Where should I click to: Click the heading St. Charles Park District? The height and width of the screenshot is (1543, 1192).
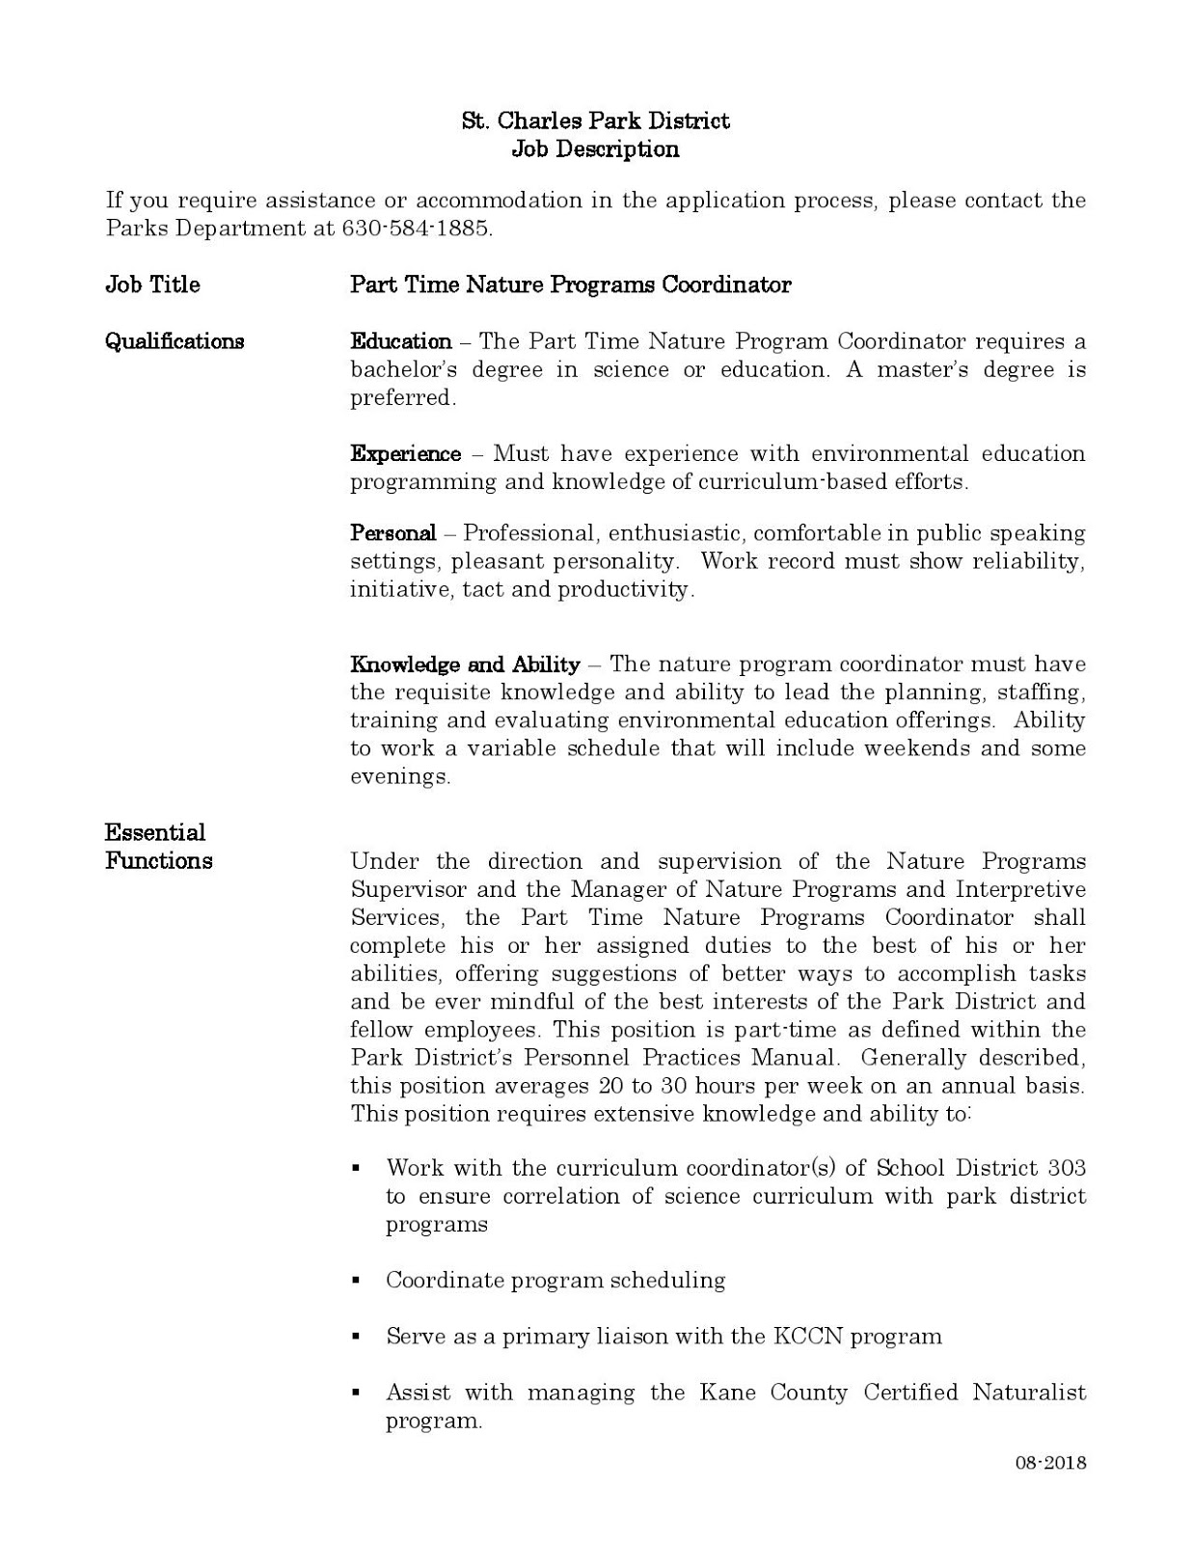pyautogui.click(x=595, y=121)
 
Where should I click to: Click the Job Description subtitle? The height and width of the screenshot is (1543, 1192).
pyautogui.click(x=595, y=149)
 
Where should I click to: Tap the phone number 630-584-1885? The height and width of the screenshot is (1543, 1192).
pyautogui.click(x=417, y=229)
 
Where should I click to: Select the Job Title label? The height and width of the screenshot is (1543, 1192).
pyautogui.click(x=152, y=284)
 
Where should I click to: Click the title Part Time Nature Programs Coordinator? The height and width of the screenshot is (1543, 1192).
pyautogui.click(x=570, y=284)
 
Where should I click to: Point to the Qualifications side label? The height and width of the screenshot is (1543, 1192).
pyautogui.click(x=175, y=341)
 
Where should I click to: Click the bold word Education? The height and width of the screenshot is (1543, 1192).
pyautogui.click(x=400, y=341)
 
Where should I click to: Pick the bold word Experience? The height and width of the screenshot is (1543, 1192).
pyautogui.click(x=405, y=453)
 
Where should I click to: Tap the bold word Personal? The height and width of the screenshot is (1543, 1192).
pyautogui.click(x=393, y=532)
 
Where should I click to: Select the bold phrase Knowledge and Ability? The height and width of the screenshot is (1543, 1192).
pyautogui.click(x=465, y=664)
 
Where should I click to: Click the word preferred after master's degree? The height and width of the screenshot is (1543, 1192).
pyautogui.click(x=400, y=397)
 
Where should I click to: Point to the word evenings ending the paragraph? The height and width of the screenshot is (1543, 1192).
pyautogui.click(x=398, y=776)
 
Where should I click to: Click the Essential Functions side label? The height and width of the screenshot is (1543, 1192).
pyautogui.click(x=158, y=847)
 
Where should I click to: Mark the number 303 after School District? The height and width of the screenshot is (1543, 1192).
pyautogui.click(x=1066, y=1168)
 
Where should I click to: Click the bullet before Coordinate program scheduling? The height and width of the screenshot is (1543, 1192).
pyautogui.click(x=356, y=1282)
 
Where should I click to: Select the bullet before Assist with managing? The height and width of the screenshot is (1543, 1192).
pyautogui.click(x=356, y=1394)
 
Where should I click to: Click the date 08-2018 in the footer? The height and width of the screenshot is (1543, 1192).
pyautogui.click(x=1050, y=1463)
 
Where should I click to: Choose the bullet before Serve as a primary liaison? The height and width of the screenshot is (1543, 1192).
pyautogui.click(x=356, y=1338)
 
